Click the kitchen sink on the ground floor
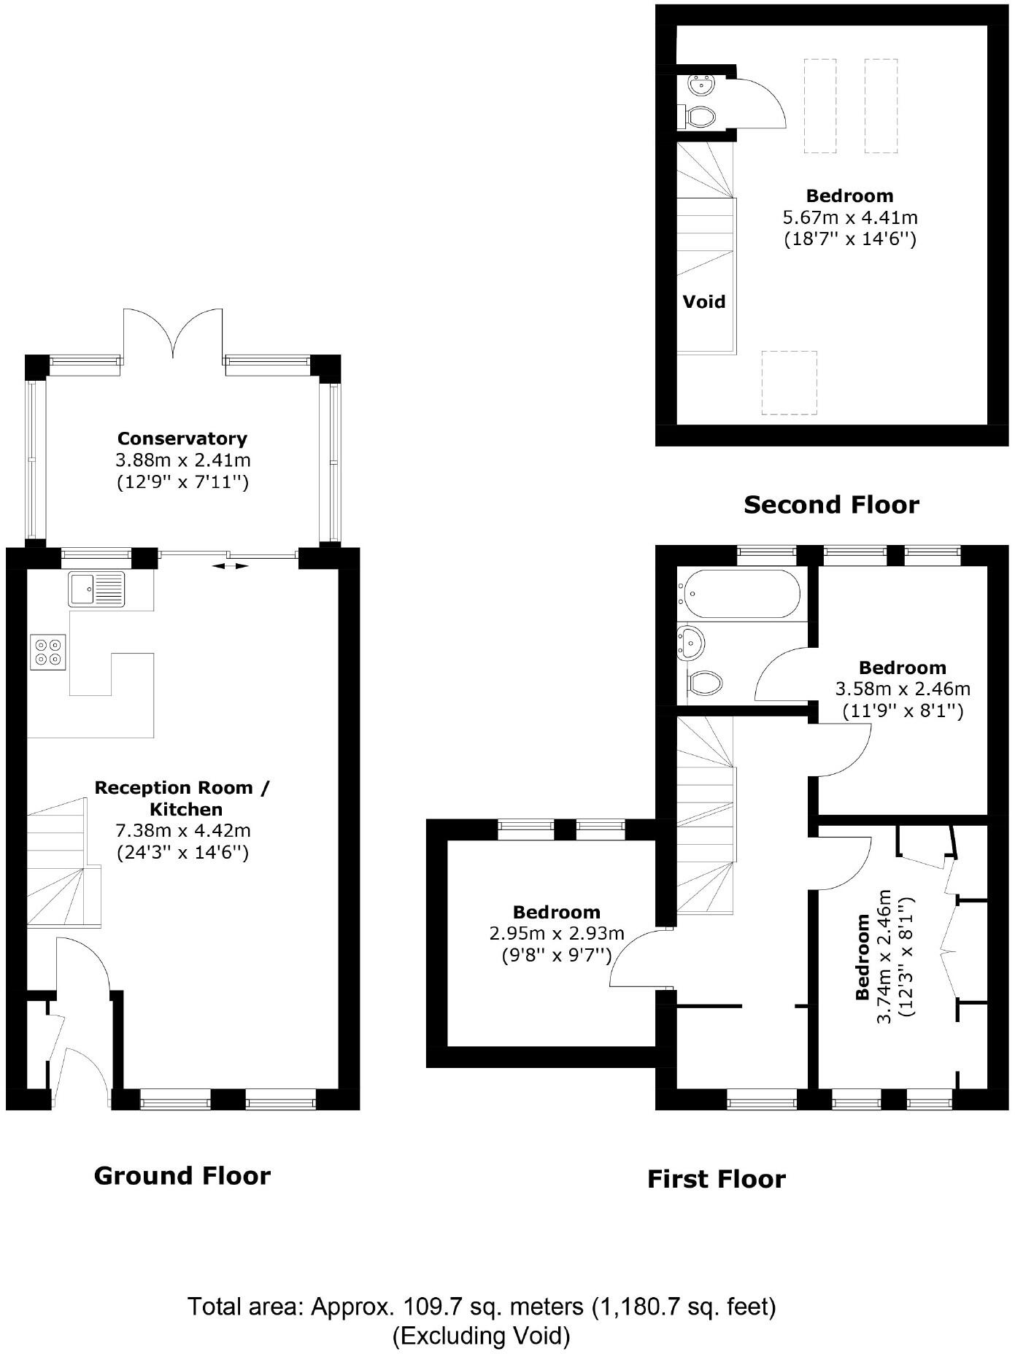click(97, 589)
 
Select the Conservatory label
click(182, 438)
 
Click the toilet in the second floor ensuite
click(700, 116)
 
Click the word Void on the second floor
click(704, 301)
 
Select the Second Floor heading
click(831, 504)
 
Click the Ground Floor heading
click(182, 1175)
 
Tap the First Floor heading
click(717, 1179)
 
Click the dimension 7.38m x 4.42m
click(183, 830)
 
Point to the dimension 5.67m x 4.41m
click(850, 217)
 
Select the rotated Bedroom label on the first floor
click(862, 957)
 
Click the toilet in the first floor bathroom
click(704, 683)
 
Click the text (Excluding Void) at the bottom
click(482, 1336)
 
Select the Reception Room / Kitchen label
click(182, 798)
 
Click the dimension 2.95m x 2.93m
click(557, 933)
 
